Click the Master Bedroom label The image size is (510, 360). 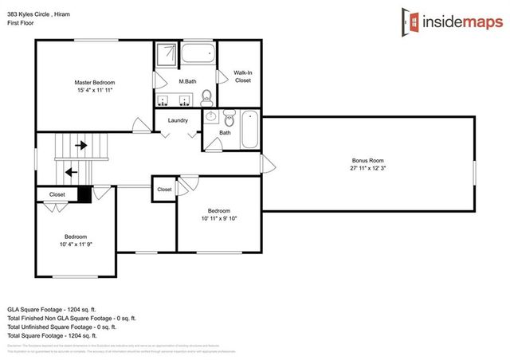coord(94,83)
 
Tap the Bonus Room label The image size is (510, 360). coord(367,160)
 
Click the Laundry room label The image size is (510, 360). coord(178,121)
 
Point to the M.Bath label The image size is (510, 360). coord(188,82)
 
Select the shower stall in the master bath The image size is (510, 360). coord(167,55)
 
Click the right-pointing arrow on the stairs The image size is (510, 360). coord(80,146)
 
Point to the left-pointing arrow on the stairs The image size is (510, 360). coord(71,171)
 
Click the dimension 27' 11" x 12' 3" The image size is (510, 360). coord(367,169)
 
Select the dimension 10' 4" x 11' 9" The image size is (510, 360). coord(76,245)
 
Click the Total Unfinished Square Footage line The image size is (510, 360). coord(62,327)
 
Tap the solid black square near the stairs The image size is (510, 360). coord(84,194)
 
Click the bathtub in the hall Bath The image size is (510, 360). coord(250,129)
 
